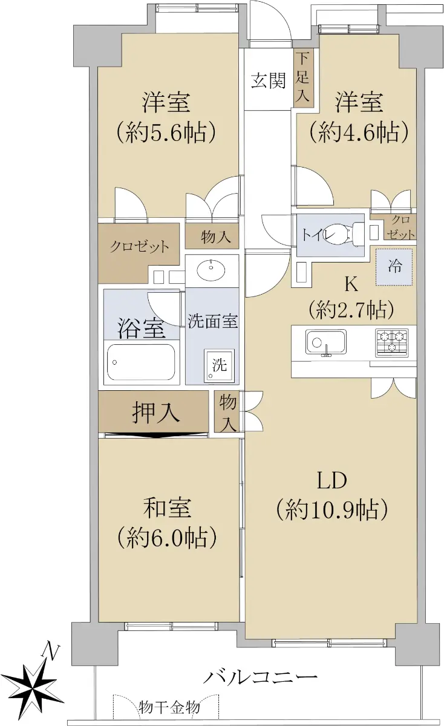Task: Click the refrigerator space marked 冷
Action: click(x=394, y=267)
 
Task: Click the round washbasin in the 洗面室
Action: click(x=211, y=270)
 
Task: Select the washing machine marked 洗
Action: click(x=219, y=365)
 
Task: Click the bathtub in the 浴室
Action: click(x=142, y=362)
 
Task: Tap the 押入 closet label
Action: click(x=156, y=413)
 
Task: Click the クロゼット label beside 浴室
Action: click(x=139, y=246)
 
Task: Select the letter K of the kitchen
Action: click(x=351, y=284)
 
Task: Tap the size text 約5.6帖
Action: click(x=166, y=132)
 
